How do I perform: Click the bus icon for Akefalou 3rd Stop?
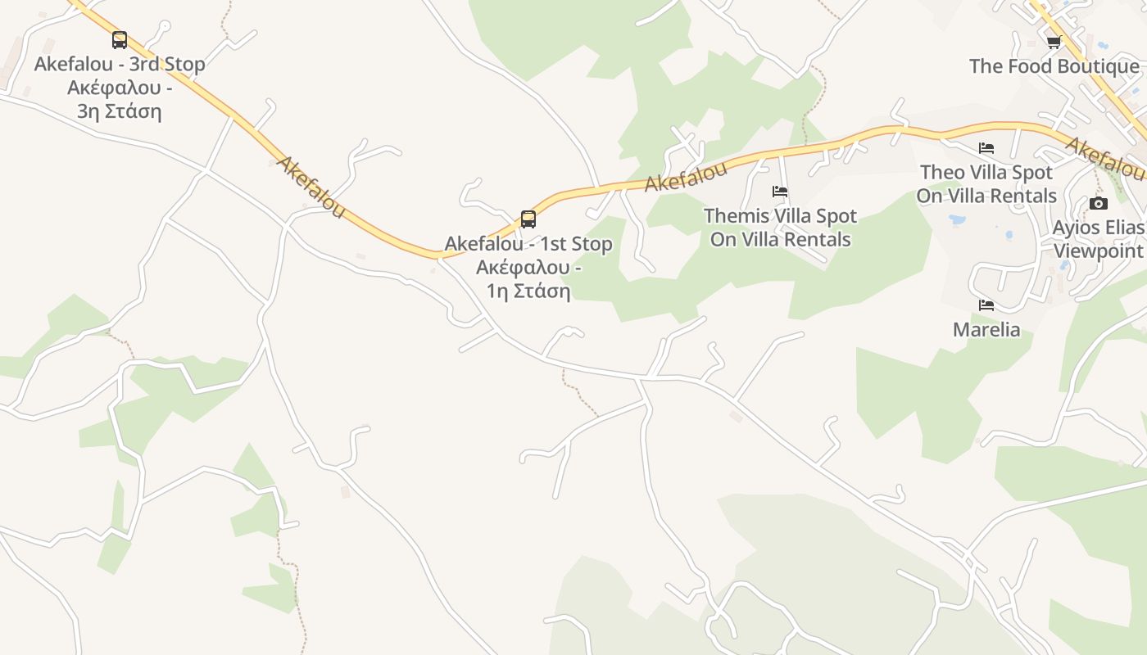pyautogui.click(x=120, y=39)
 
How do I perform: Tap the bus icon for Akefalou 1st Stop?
pyautogui.click(x=528, y=219)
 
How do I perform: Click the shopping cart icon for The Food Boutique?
pyautogui.click(x=1054, y=42)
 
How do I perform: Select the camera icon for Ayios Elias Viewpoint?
pyautogui.click(x=1099, y=203)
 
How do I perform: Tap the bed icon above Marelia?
pyautogui.click(x=986, y=305)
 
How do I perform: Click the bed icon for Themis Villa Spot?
pyautogui.click(x=780, y=192)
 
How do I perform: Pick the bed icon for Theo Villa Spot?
pyautogui.click(x=986, y=148)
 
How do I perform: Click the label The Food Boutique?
pyautogui.click(x=1054, y=66)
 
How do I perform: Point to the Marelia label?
pyautogui.click(x=986, y=330)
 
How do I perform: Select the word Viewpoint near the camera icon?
pyautogui.click(x=1098, y=251)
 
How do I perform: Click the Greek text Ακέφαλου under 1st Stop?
pyautogui.click(x=523, y=268)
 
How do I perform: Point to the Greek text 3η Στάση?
pyautogui.click(x=120, y=111)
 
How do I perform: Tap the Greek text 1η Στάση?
pyautogui.click(x=528, y=291)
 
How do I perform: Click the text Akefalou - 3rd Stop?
pyautogui.click(x=120, y=64)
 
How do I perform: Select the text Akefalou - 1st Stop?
pyautogui.click(x=528, y=244)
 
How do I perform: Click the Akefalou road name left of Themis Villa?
pyautogui.click(x=685, y=177)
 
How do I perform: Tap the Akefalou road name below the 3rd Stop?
pyautogui.click(x=311, y=187)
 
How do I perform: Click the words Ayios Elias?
pyautogui.click(x=1098, y=227)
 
